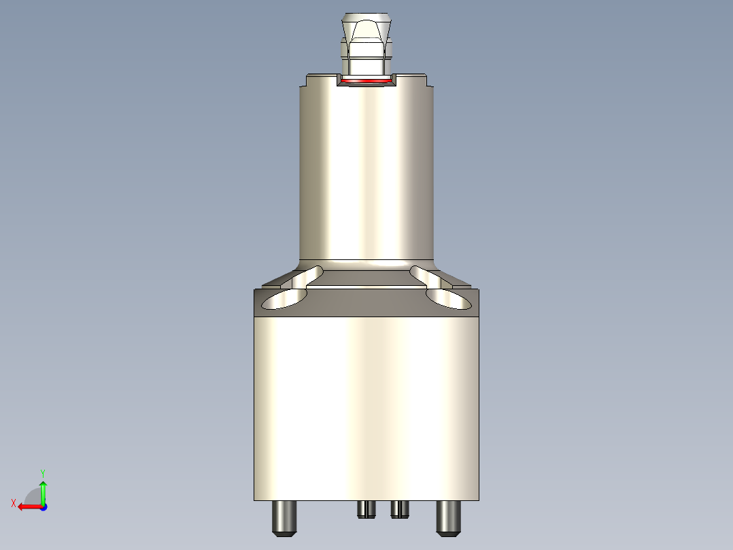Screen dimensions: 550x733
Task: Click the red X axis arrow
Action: click(x=27, y=506)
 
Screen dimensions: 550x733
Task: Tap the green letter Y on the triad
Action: click(x=42, y=472)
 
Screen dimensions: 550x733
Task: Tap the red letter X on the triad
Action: click(x=13, y=504)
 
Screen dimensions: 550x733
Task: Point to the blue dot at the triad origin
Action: click(x=43, y=506)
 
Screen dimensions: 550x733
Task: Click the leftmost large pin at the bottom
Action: click(x=284, y=518)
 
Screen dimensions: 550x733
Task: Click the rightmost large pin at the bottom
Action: click(x=449, y=518)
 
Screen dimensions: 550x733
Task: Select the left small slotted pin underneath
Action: click(x=366, y=509)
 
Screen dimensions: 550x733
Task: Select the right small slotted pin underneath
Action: click(x=399, y=509)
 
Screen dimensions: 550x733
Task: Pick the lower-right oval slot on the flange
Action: click(x=449, y=300)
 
